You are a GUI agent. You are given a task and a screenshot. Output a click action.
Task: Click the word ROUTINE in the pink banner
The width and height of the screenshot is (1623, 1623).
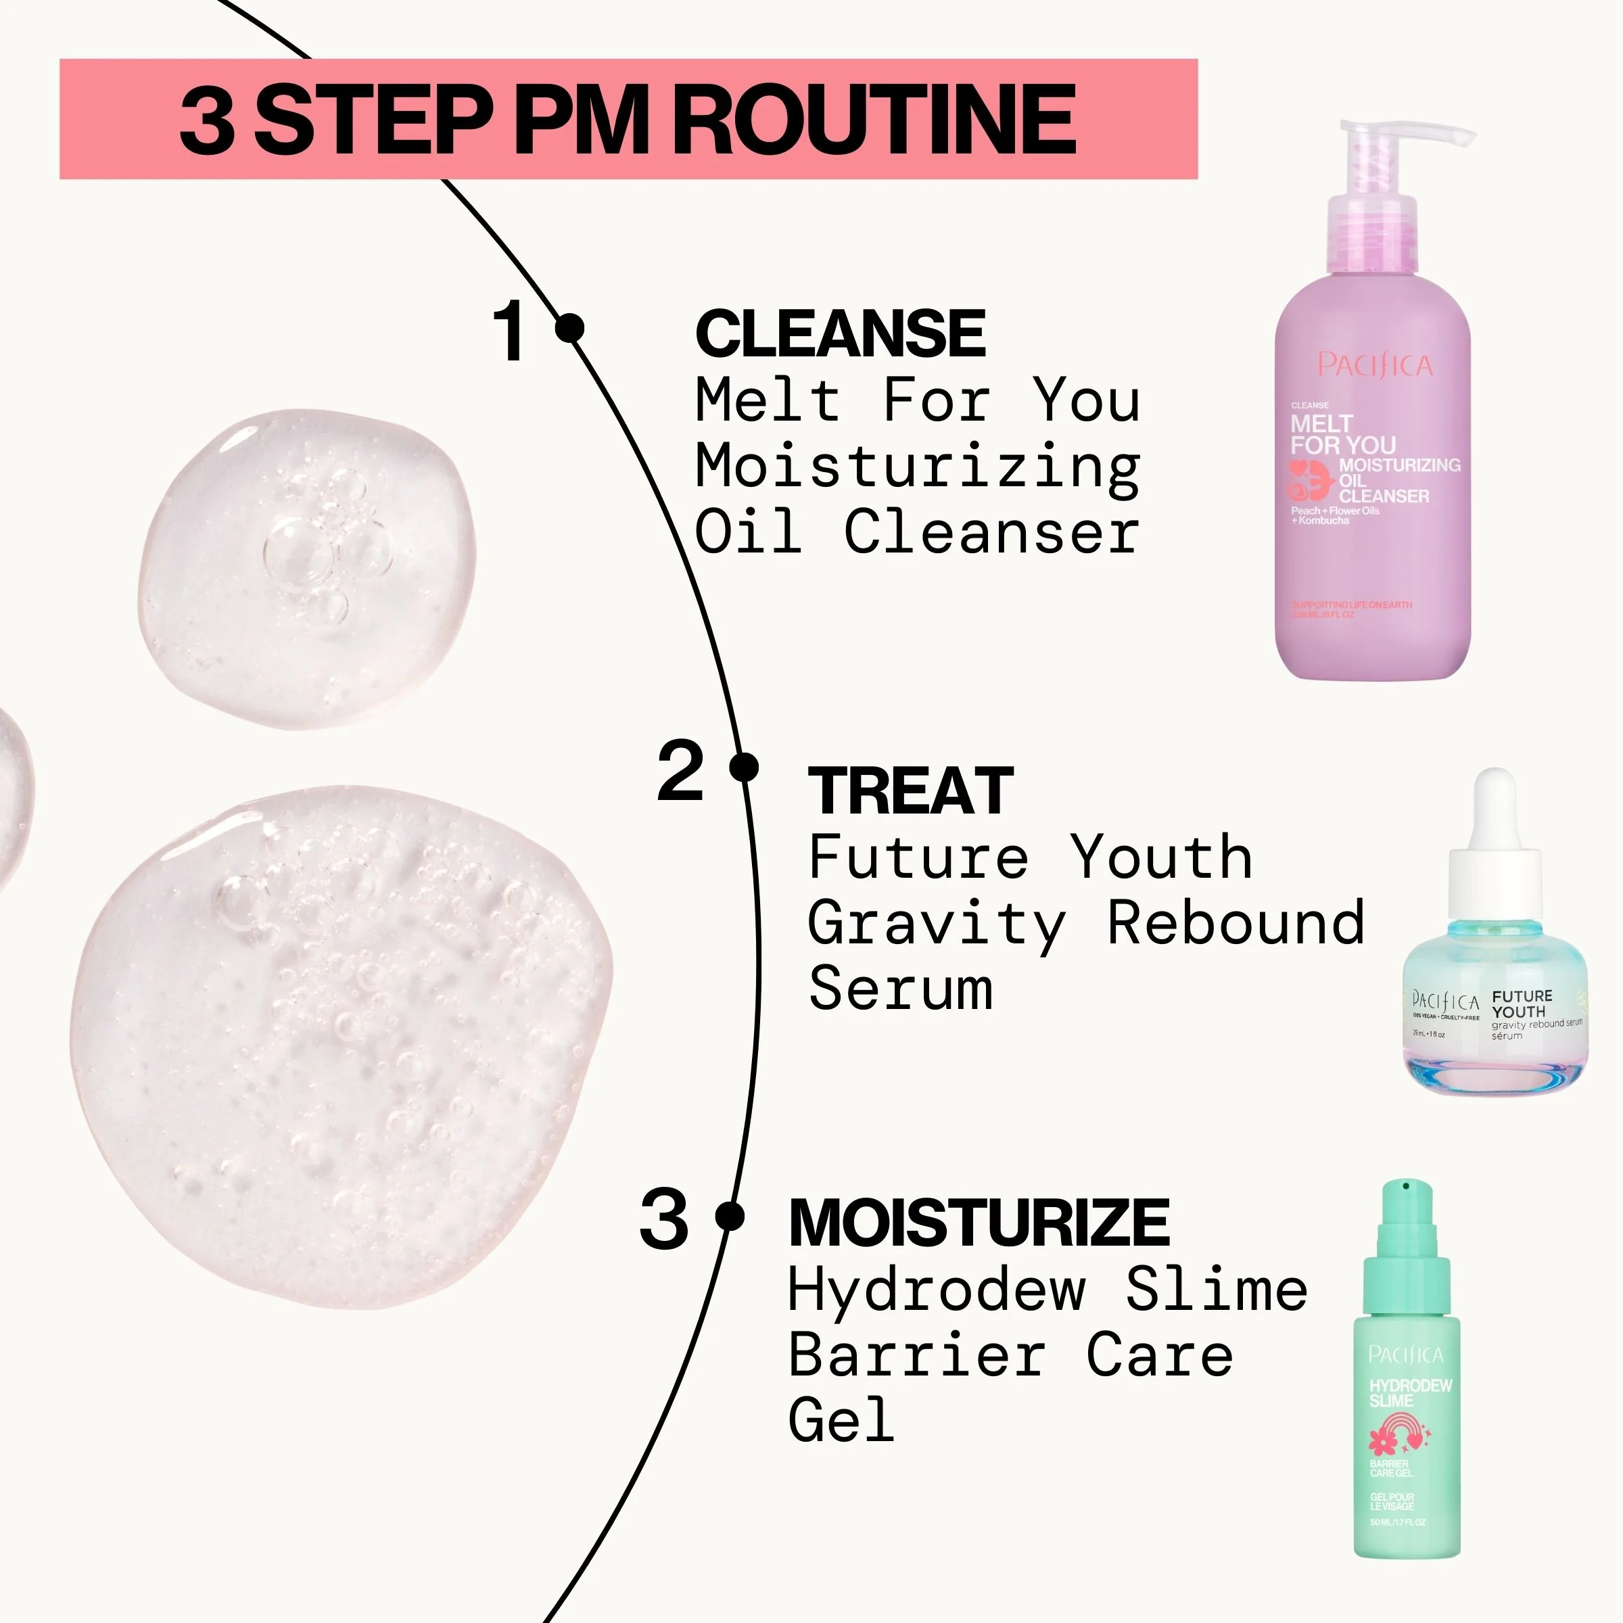(874, 118)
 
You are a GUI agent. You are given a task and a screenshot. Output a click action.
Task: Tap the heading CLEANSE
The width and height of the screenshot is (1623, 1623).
(840, 333)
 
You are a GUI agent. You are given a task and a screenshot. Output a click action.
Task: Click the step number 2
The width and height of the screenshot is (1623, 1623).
(680, 770)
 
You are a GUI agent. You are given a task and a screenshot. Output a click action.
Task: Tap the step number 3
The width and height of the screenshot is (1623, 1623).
(663, 1220)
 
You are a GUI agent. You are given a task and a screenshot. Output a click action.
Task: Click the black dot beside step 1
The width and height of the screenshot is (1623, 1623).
(570, 327)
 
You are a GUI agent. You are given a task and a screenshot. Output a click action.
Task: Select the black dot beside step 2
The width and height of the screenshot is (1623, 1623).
(743, 767)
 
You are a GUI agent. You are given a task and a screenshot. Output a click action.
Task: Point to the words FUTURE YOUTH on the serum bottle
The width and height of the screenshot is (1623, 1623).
(1522, 1004)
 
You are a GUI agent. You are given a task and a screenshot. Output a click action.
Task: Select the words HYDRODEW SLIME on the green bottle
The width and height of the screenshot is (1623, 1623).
(1409, 1393)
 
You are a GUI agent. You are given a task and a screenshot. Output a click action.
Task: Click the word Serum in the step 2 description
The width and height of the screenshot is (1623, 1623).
(901, 989)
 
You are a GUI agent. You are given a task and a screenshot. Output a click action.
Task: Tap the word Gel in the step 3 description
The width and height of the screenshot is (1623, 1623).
(841, 1419)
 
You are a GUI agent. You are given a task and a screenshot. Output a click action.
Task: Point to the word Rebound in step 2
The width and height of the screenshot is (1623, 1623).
(1236, 922)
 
